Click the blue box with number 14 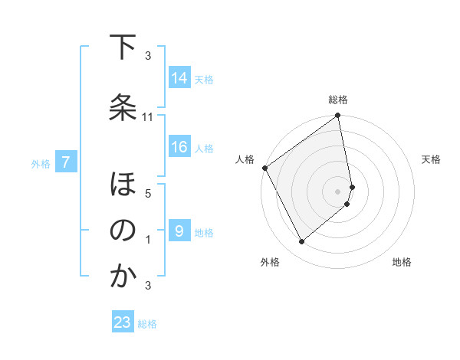click(x=179, y=77)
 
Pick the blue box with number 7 click(x=66, y=162)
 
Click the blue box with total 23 click(x=123, y=322)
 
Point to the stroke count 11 click(x=148, y=116)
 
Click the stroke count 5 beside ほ click(x=148, y=193)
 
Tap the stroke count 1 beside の click(x=148, y=239)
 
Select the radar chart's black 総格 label click(x=338, y=100)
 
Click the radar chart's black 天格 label click(x=432, y=159)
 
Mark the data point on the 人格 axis click(x=264, y=168)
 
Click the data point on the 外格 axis click(x=301, y=241)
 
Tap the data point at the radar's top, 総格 click(x=338, y=116)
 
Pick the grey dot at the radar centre click(x=338, y=191)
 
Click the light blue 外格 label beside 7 click(x=40, y=163)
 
